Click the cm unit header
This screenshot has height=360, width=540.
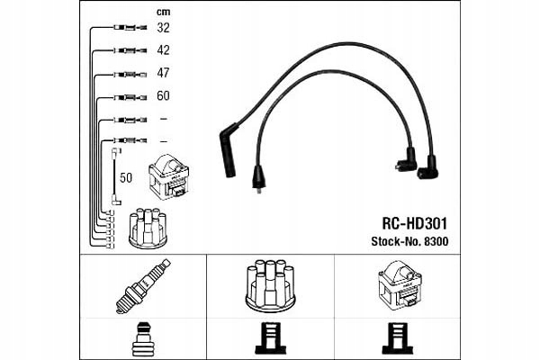coord(163,12)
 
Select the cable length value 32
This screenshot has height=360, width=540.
coord(163,28)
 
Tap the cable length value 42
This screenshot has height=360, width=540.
coord(163,50)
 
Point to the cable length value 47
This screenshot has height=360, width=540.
coord(163,73)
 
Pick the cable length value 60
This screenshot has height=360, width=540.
coord(163,95)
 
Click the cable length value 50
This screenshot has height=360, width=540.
coord(126,177)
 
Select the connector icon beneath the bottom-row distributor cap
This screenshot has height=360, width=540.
coord(271,337)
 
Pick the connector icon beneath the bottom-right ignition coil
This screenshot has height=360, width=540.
coord(398,337)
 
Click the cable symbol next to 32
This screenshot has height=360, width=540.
coord(130,29)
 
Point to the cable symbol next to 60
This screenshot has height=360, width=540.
coord(130,96)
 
